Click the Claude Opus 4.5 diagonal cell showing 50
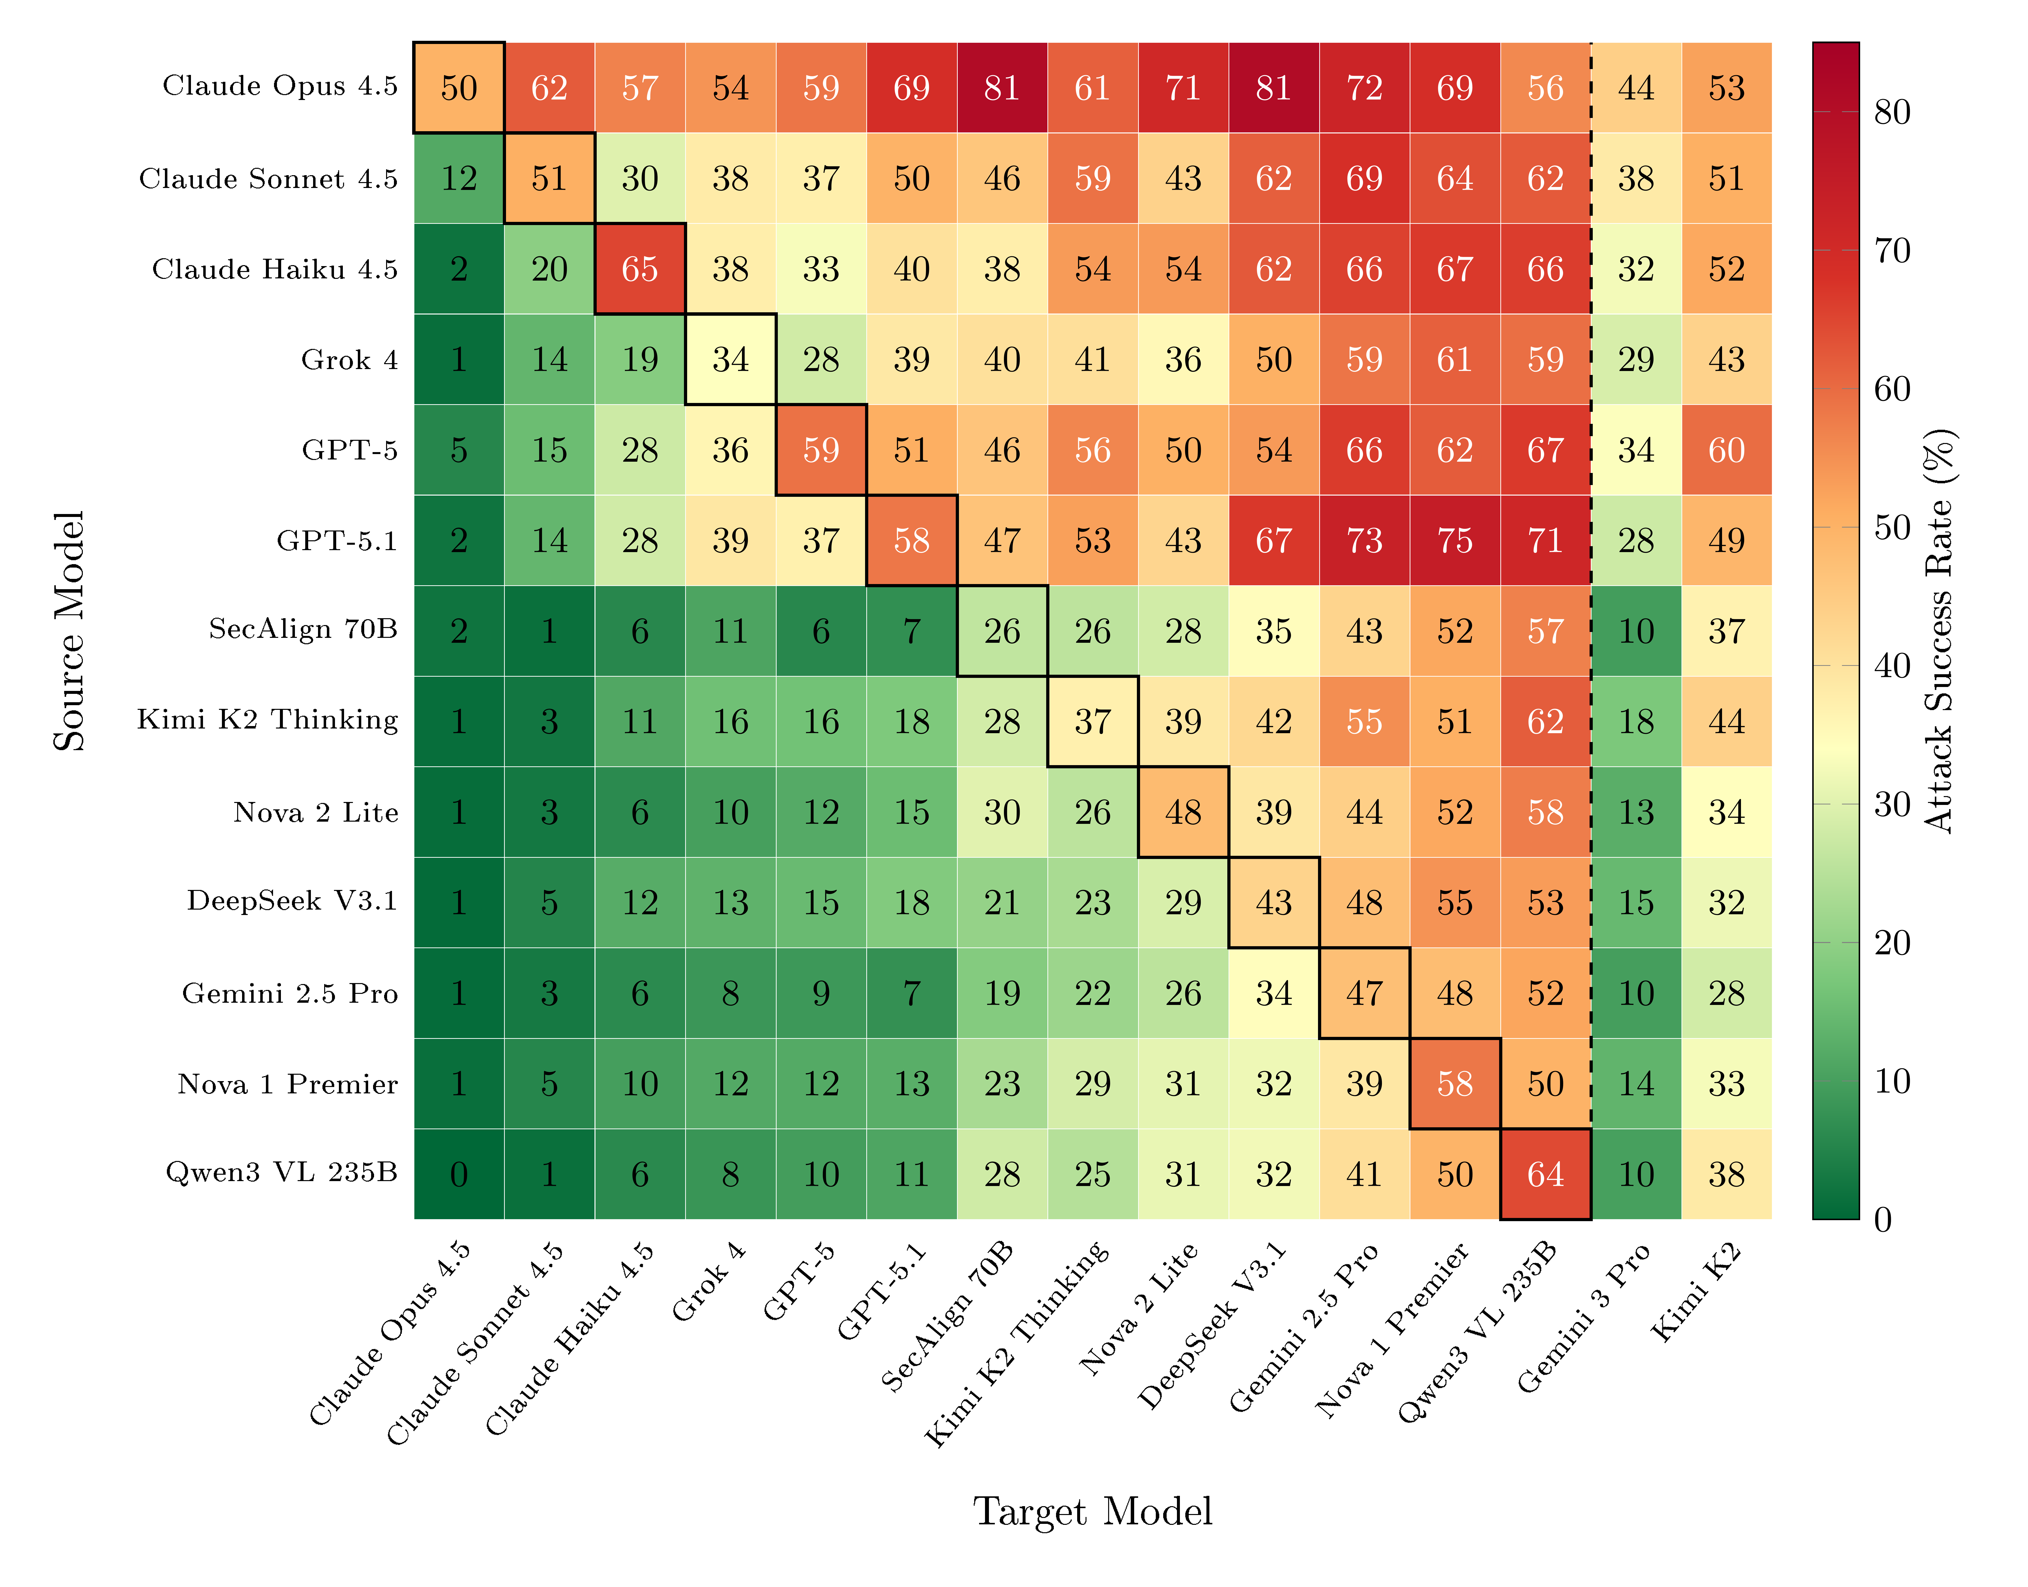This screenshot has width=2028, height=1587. (x=459, y=88)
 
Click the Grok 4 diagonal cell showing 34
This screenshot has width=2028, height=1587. (x=731, y=359)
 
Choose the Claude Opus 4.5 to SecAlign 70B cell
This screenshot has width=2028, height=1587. (x=1002, y=88)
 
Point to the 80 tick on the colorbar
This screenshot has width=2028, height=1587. (x=1891, y=113)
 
